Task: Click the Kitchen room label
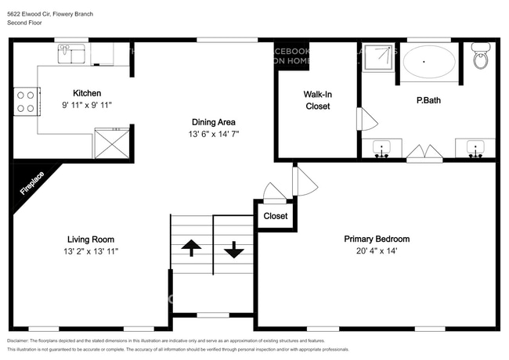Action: coord(87,93)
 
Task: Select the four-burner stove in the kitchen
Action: coord(25,100)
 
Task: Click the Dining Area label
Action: coord(214,122)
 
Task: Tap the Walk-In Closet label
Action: coord(317,100)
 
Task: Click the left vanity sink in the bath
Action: coord(382,148)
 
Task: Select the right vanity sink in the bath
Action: coord(475,148)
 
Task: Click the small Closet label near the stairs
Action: coord(275,216)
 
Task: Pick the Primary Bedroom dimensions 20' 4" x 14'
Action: coord(377,251)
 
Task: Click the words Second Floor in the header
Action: coord(26,23)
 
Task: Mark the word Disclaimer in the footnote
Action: coord(22,341)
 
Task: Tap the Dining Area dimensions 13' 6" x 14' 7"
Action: coord(214,134)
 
